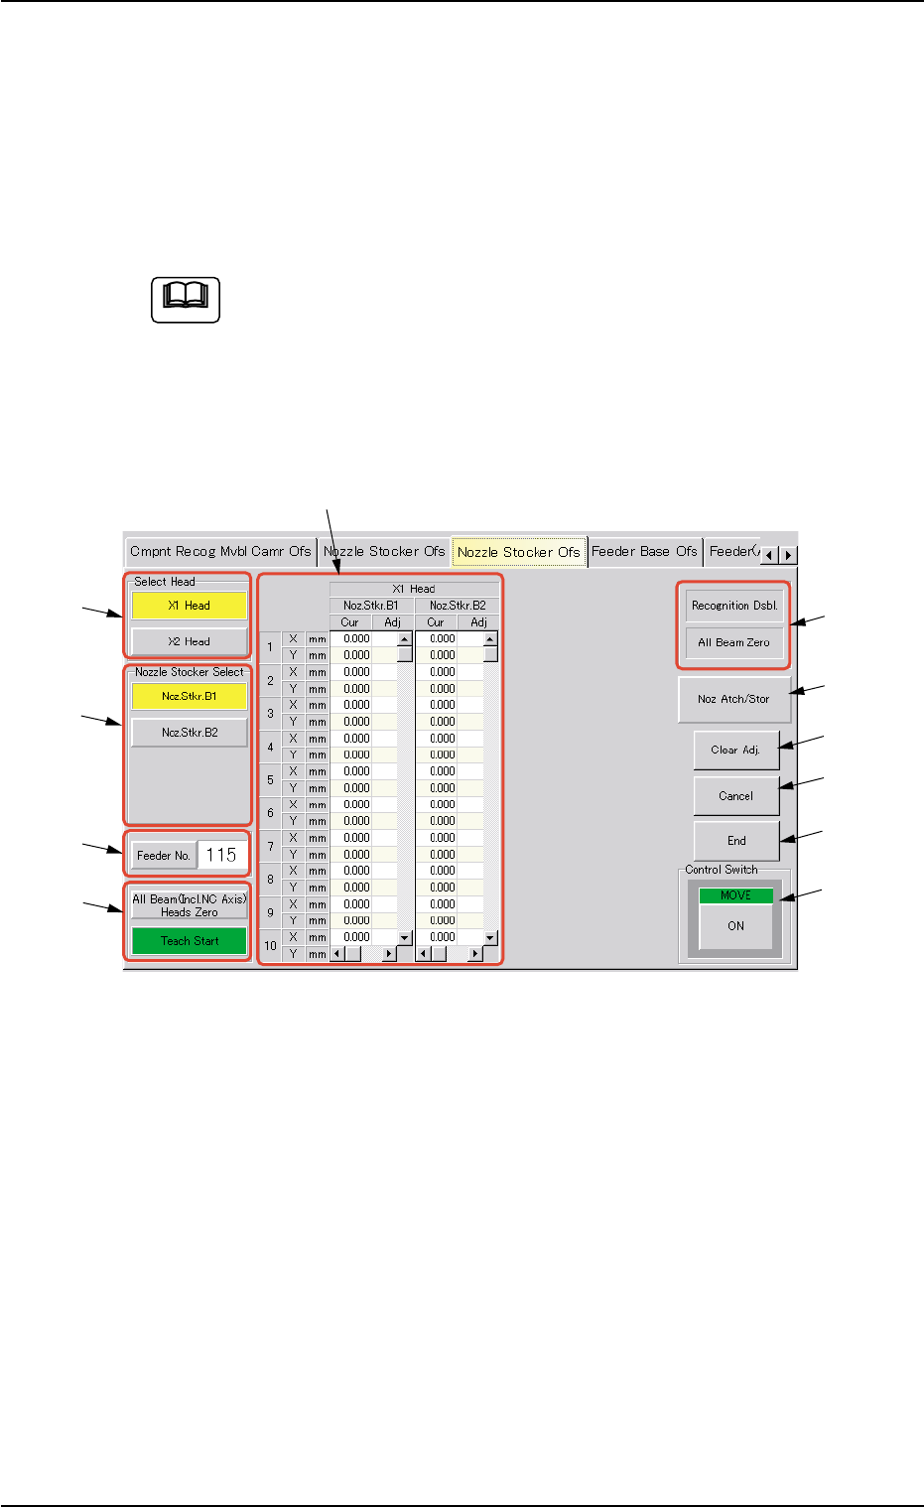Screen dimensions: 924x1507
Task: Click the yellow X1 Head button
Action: pos(189,606)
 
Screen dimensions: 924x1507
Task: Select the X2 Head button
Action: pos(189,641)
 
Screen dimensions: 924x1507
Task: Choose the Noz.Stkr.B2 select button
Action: pos(189,733)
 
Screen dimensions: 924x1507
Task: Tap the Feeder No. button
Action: pos(163,855)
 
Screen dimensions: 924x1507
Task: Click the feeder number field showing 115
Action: pos(221,855)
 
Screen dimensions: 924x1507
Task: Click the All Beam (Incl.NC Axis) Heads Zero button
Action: pos(189,905)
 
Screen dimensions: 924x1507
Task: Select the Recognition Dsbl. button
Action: pos(734,606)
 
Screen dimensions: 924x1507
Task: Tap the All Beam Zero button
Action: pos(734,642)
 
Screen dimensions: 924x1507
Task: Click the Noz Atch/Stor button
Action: pos(733,699)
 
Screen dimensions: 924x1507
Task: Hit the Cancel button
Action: pos(735,796)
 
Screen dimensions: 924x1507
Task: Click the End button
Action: pos(735,841)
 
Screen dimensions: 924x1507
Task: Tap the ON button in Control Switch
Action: pos(735,926)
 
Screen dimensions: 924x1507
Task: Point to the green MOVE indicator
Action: pos(735,895)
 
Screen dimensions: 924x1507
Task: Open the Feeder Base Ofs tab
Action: pos(644,552)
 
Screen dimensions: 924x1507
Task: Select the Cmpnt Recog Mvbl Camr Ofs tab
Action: pos(220,552)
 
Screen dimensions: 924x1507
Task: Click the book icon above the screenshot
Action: pos(186,299)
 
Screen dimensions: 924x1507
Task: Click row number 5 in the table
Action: pos(270,780)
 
